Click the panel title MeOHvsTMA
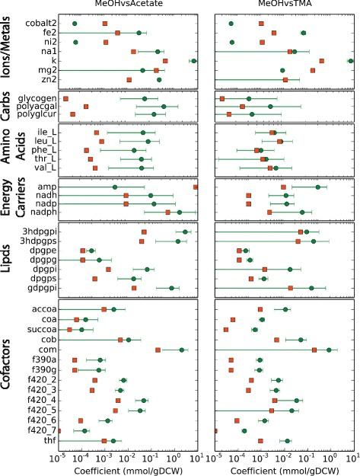click(285, 5)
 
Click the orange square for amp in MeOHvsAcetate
click(196, 187)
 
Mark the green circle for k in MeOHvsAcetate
click(193, 61)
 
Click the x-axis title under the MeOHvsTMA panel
click(285, 468)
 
